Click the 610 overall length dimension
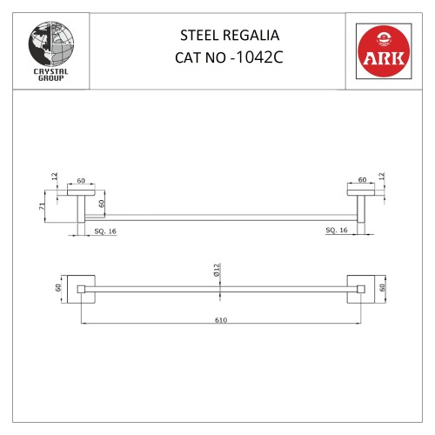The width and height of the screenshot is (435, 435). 220,319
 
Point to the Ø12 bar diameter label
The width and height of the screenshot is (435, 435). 218,271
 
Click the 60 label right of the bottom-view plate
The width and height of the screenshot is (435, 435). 383,286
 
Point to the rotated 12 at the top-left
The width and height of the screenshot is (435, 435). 54,177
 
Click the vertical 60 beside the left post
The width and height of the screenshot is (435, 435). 102,205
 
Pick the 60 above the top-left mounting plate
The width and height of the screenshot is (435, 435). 81,180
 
